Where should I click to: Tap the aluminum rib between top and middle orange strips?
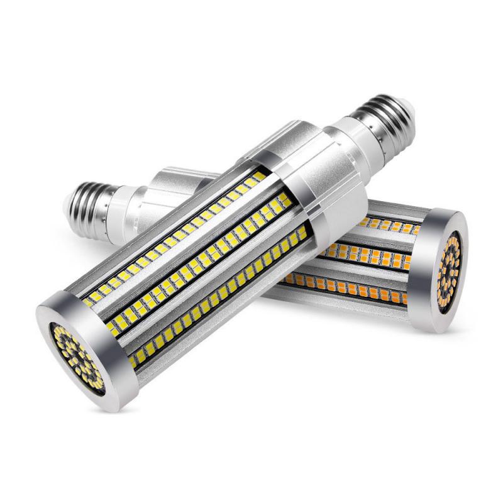377,241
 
